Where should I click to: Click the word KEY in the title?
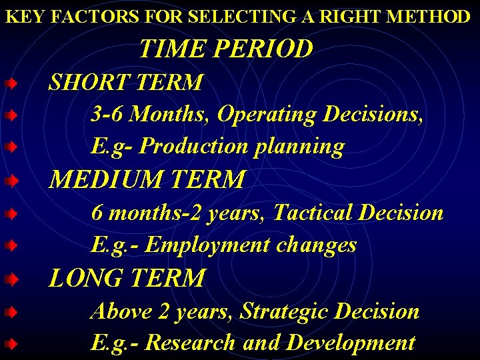tap(21, 17)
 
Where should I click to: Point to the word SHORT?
tap(89, 83)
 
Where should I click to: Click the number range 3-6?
tap(107, 115)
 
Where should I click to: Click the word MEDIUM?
tap(109, 179)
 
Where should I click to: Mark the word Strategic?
tap(285, 311)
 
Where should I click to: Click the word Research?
tap(190, 343)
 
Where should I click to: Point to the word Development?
tap(351, 343)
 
